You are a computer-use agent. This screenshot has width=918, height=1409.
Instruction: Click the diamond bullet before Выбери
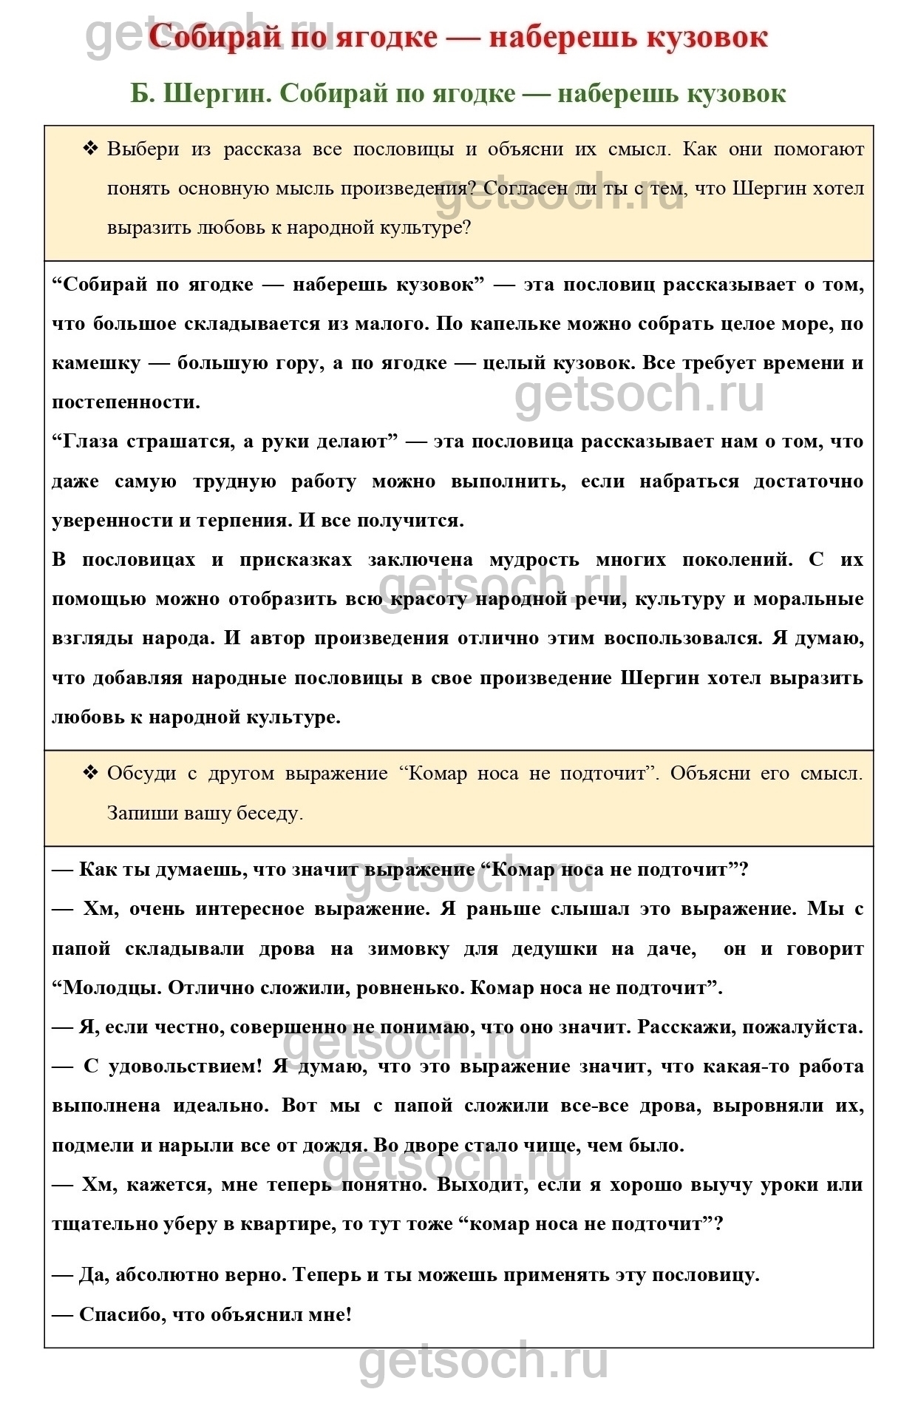[90, 149]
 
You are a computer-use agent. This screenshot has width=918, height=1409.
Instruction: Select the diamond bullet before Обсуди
[90, 773]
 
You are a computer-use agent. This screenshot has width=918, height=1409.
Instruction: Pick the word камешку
[95, 363]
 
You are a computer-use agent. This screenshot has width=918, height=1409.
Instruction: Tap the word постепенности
[126, 402]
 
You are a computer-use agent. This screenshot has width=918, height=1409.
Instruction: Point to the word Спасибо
[122, 1314]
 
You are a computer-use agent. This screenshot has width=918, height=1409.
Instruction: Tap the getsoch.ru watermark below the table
[483, 1362]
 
